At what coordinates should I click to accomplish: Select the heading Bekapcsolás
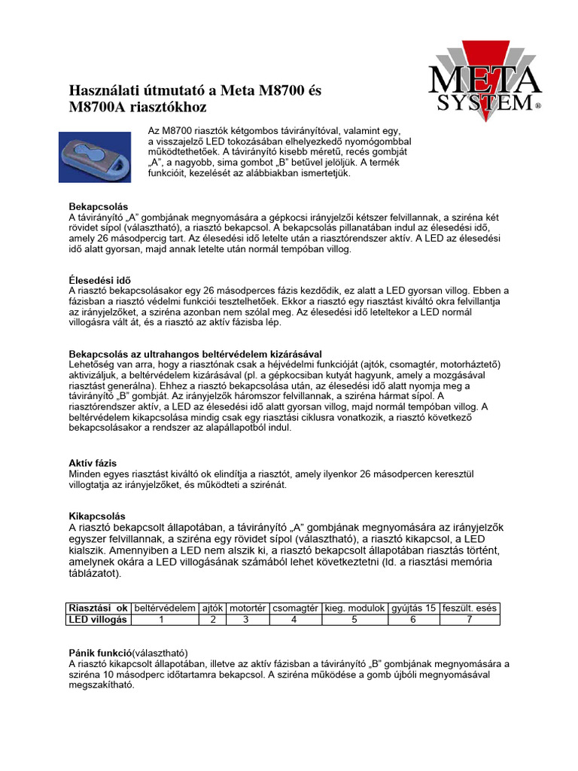pos(98,206)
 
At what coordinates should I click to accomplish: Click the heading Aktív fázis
pos(93,462)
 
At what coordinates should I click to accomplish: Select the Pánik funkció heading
pos(101,652)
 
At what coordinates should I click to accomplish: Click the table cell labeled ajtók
pos(214,608)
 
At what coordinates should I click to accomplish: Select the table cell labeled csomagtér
pos(294,608)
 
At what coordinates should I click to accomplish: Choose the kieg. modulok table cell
pos(354,608)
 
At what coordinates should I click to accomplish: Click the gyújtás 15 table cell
pos(412,608)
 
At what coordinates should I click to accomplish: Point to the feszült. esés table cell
pos(469,608)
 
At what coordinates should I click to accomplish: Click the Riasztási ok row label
pos(98,608)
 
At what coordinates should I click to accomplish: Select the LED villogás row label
pos(98,619)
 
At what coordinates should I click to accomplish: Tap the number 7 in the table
pos(469,619)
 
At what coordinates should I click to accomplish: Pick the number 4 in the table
pos(294,619)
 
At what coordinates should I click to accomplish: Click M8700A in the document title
pos(99,108)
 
